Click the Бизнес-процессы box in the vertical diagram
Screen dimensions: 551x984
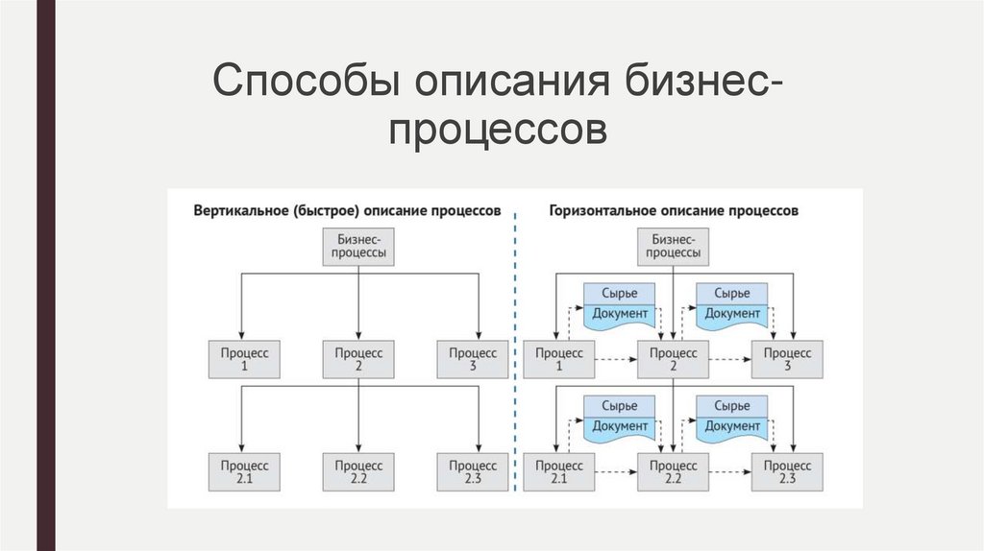pos(358,247)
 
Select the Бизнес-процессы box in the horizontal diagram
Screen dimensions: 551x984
pos(673,247)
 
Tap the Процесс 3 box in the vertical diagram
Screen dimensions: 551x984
pos(473,359)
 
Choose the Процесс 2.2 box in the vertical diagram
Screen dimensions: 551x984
pos(358,470)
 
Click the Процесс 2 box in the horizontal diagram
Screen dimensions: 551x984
pos(673,359)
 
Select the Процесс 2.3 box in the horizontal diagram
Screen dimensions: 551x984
pos(787,470)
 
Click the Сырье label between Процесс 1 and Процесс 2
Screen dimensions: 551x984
pos(619,293)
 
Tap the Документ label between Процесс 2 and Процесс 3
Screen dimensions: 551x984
pos(732,315)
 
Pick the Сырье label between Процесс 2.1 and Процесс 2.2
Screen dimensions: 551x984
pos(619,405)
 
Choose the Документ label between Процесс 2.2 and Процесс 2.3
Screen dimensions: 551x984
pos(732,426)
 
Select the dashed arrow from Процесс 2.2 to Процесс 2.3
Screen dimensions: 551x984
pos(729,471)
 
